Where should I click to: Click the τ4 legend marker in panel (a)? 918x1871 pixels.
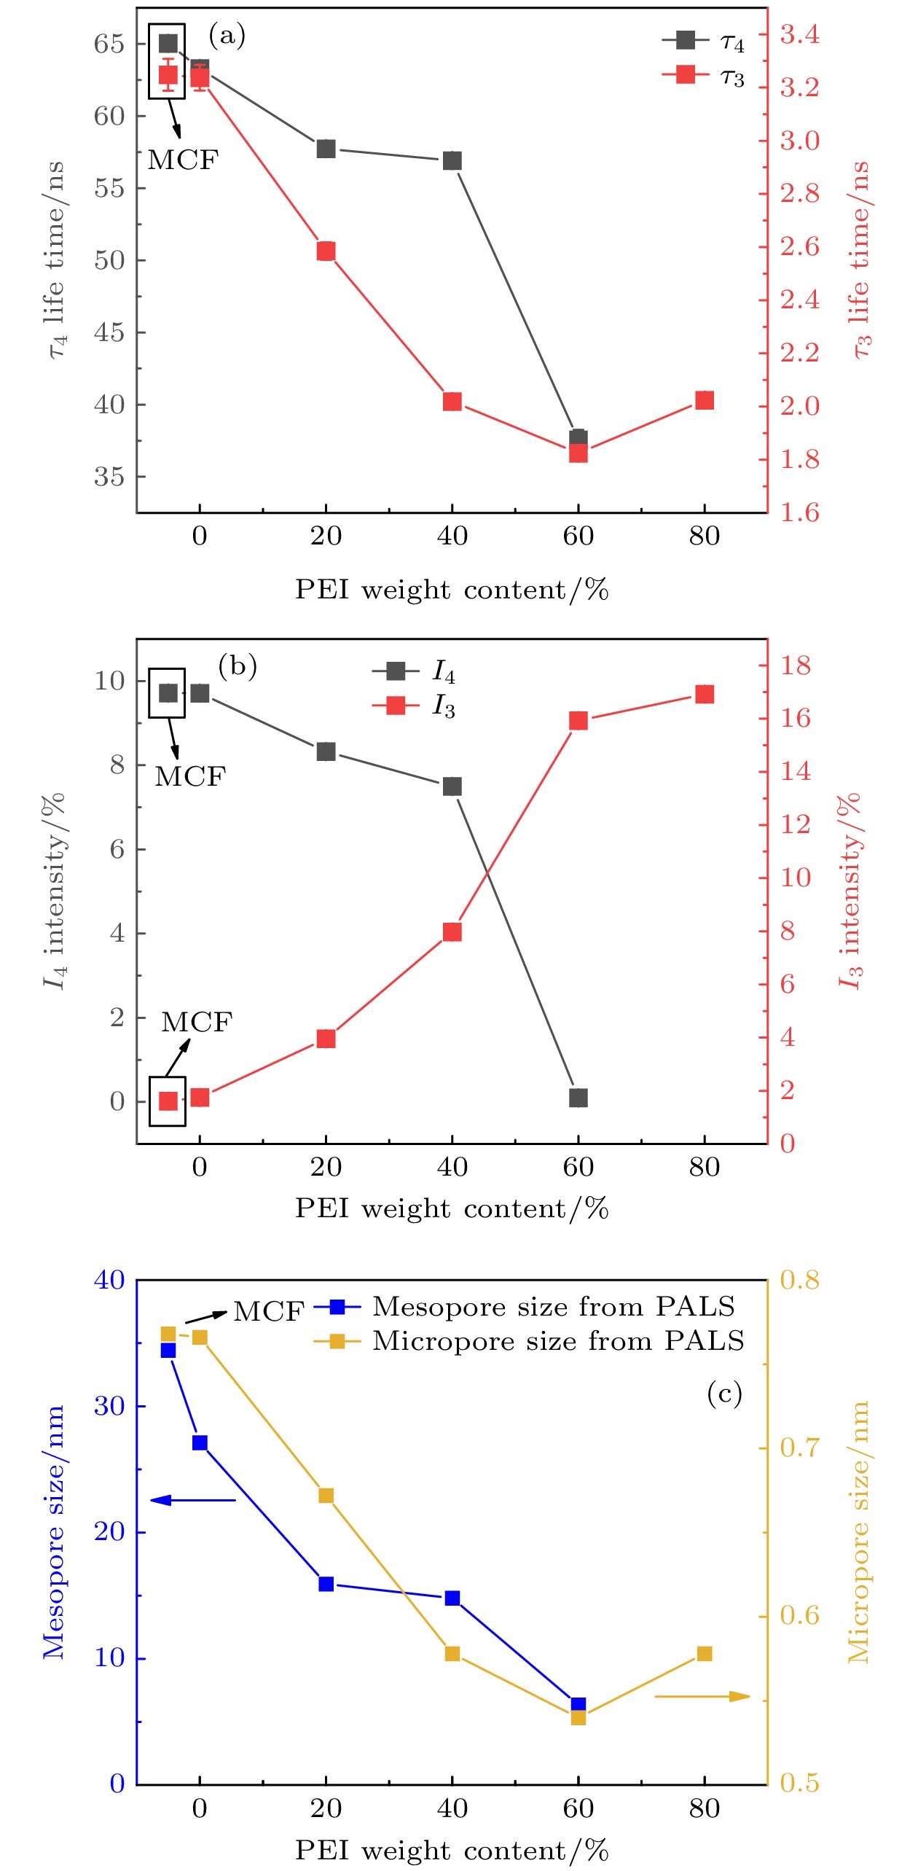pos(686,40)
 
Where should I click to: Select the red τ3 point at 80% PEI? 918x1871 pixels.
pos(704,400)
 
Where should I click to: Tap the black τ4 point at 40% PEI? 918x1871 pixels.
pos(452,161)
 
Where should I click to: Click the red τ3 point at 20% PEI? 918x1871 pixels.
pos(326,251)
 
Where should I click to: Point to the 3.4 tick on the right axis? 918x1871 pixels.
pos(799,34)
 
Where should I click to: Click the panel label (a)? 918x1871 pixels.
pos(227,35)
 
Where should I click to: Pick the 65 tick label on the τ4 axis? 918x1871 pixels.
pos(109,44)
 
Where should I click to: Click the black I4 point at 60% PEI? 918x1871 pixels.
pos(578,1098)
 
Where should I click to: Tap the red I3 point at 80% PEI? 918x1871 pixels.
pos(704,694)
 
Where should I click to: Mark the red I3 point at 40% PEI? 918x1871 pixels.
pos(452,932)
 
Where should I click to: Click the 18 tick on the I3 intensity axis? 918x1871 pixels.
pos(795,665)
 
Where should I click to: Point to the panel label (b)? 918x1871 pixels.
pos(238,666)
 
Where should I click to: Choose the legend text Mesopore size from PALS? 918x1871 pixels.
pos(554,1307)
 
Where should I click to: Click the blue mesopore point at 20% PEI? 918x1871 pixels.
pos(326,1584)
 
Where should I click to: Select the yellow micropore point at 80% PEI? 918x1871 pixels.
pos(704,1654)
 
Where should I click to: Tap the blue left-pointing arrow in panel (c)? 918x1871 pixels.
pos(192,1500)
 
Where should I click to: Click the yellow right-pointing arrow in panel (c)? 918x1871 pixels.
pos(702,1696)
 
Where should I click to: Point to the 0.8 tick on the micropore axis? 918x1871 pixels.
pos(799,1279)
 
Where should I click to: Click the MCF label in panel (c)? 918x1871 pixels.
pos(268,1312)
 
